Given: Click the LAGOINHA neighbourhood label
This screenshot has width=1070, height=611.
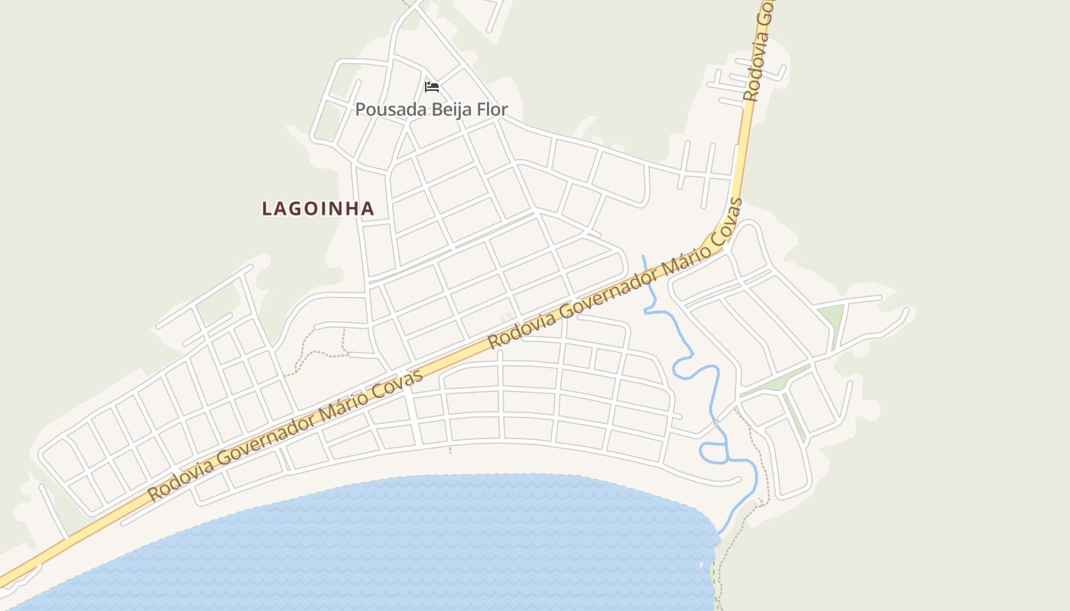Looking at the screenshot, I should click(318, 209).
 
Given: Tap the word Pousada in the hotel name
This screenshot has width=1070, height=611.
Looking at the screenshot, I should click(391, 110).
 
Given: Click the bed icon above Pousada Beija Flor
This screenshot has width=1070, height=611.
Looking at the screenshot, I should click(432, 87).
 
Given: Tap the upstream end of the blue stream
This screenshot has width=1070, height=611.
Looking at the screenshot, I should click(644, 257).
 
